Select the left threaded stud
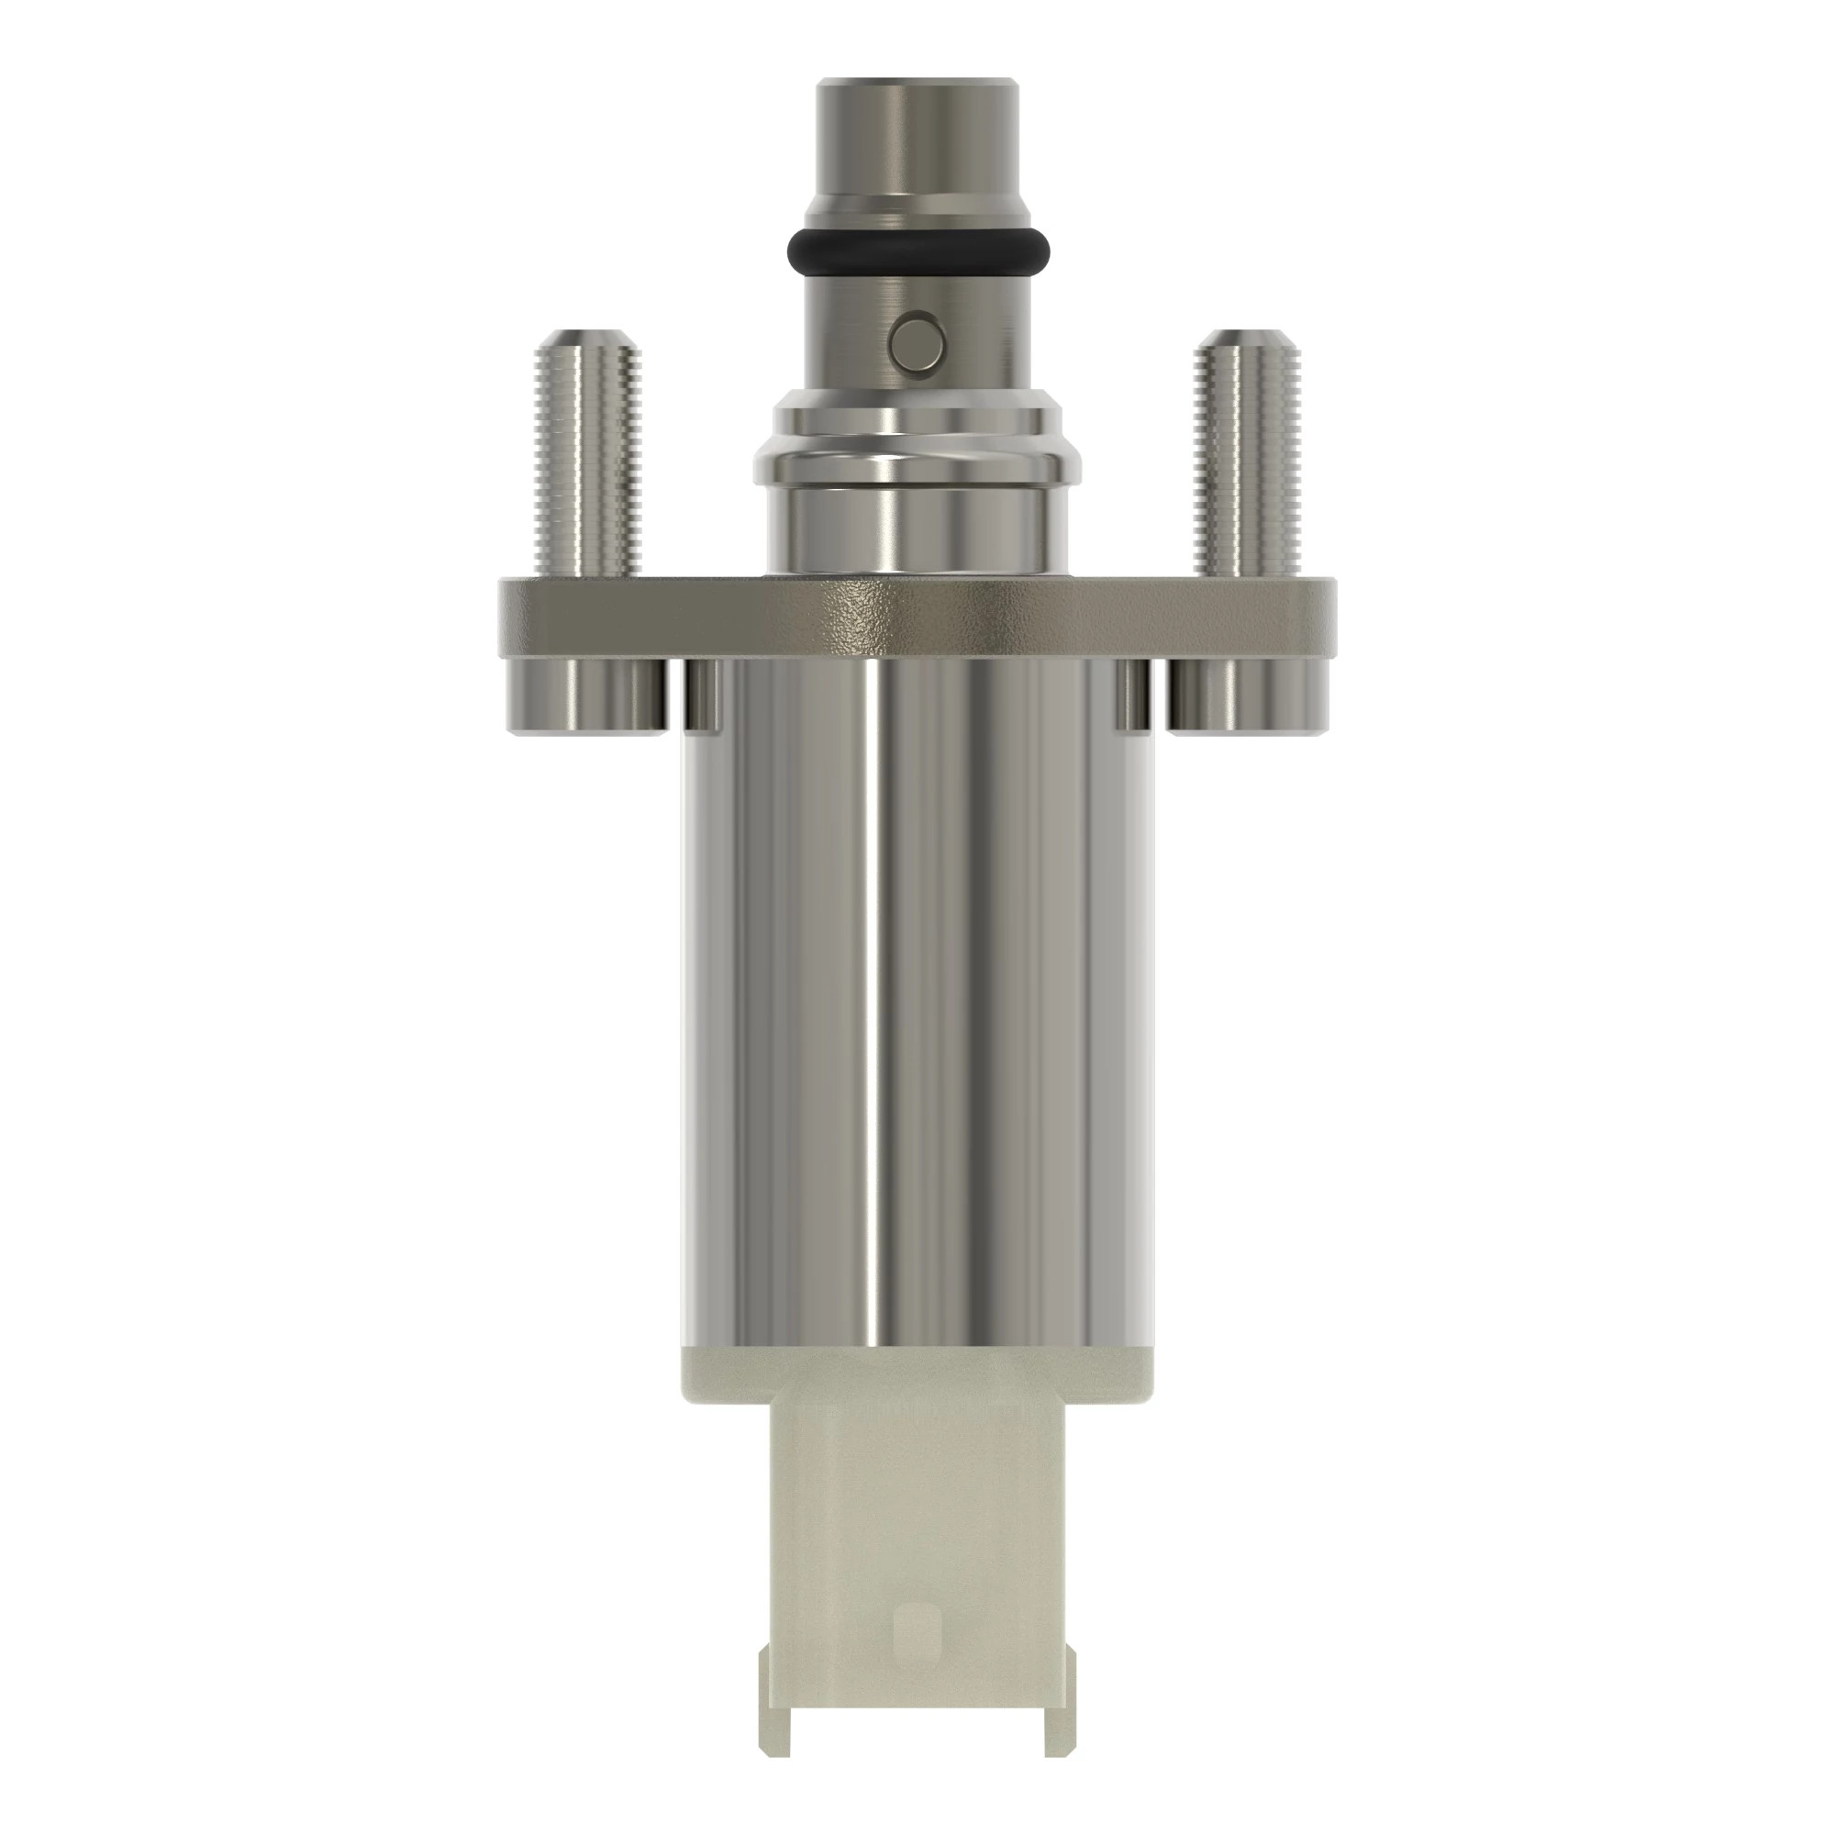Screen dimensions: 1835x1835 585,465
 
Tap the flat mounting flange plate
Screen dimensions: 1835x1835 917,617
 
